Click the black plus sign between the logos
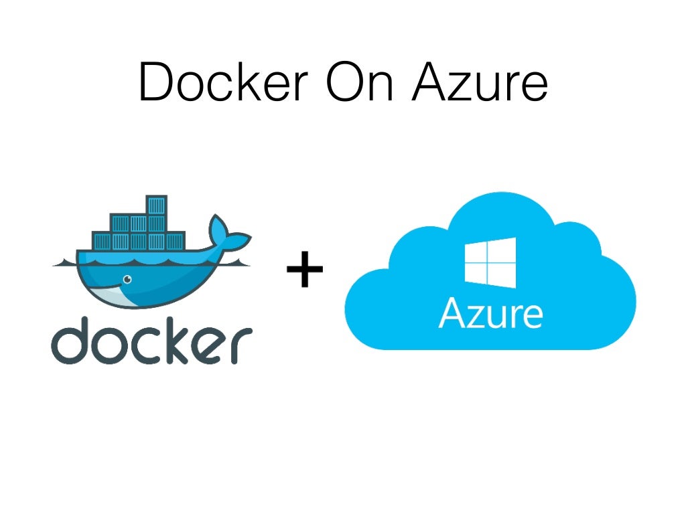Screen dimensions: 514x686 305,271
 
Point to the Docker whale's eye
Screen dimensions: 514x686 127,280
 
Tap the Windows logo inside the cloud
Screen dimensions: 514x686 490,262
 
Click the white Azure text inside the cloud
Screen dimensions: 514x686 490,313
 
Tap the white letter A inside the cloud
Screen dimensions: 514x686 454,313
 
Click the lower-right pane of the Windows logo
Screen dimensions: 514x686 504,276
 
